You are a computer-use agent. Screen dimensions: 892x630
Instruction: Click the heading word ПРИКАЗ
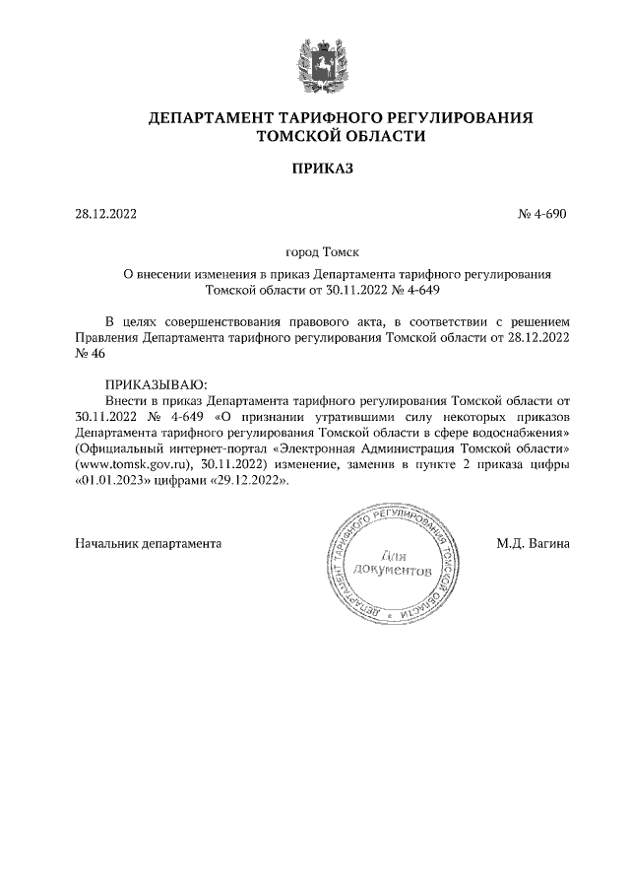pyautogui.click(x=321, y=170)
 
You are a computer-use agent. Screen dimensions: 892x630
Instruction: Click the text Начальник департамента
pyautogui.click(x=149, y=542)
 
